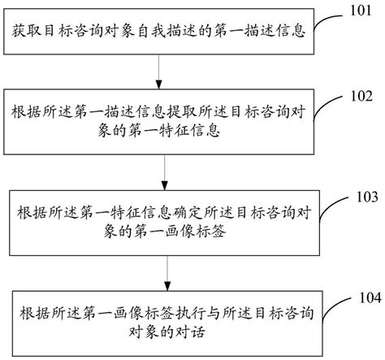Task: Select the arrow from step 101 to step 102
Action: point(158,71)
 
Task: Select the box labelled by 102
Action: point(158,120)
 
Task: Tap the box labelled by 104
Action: point(158,318)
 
